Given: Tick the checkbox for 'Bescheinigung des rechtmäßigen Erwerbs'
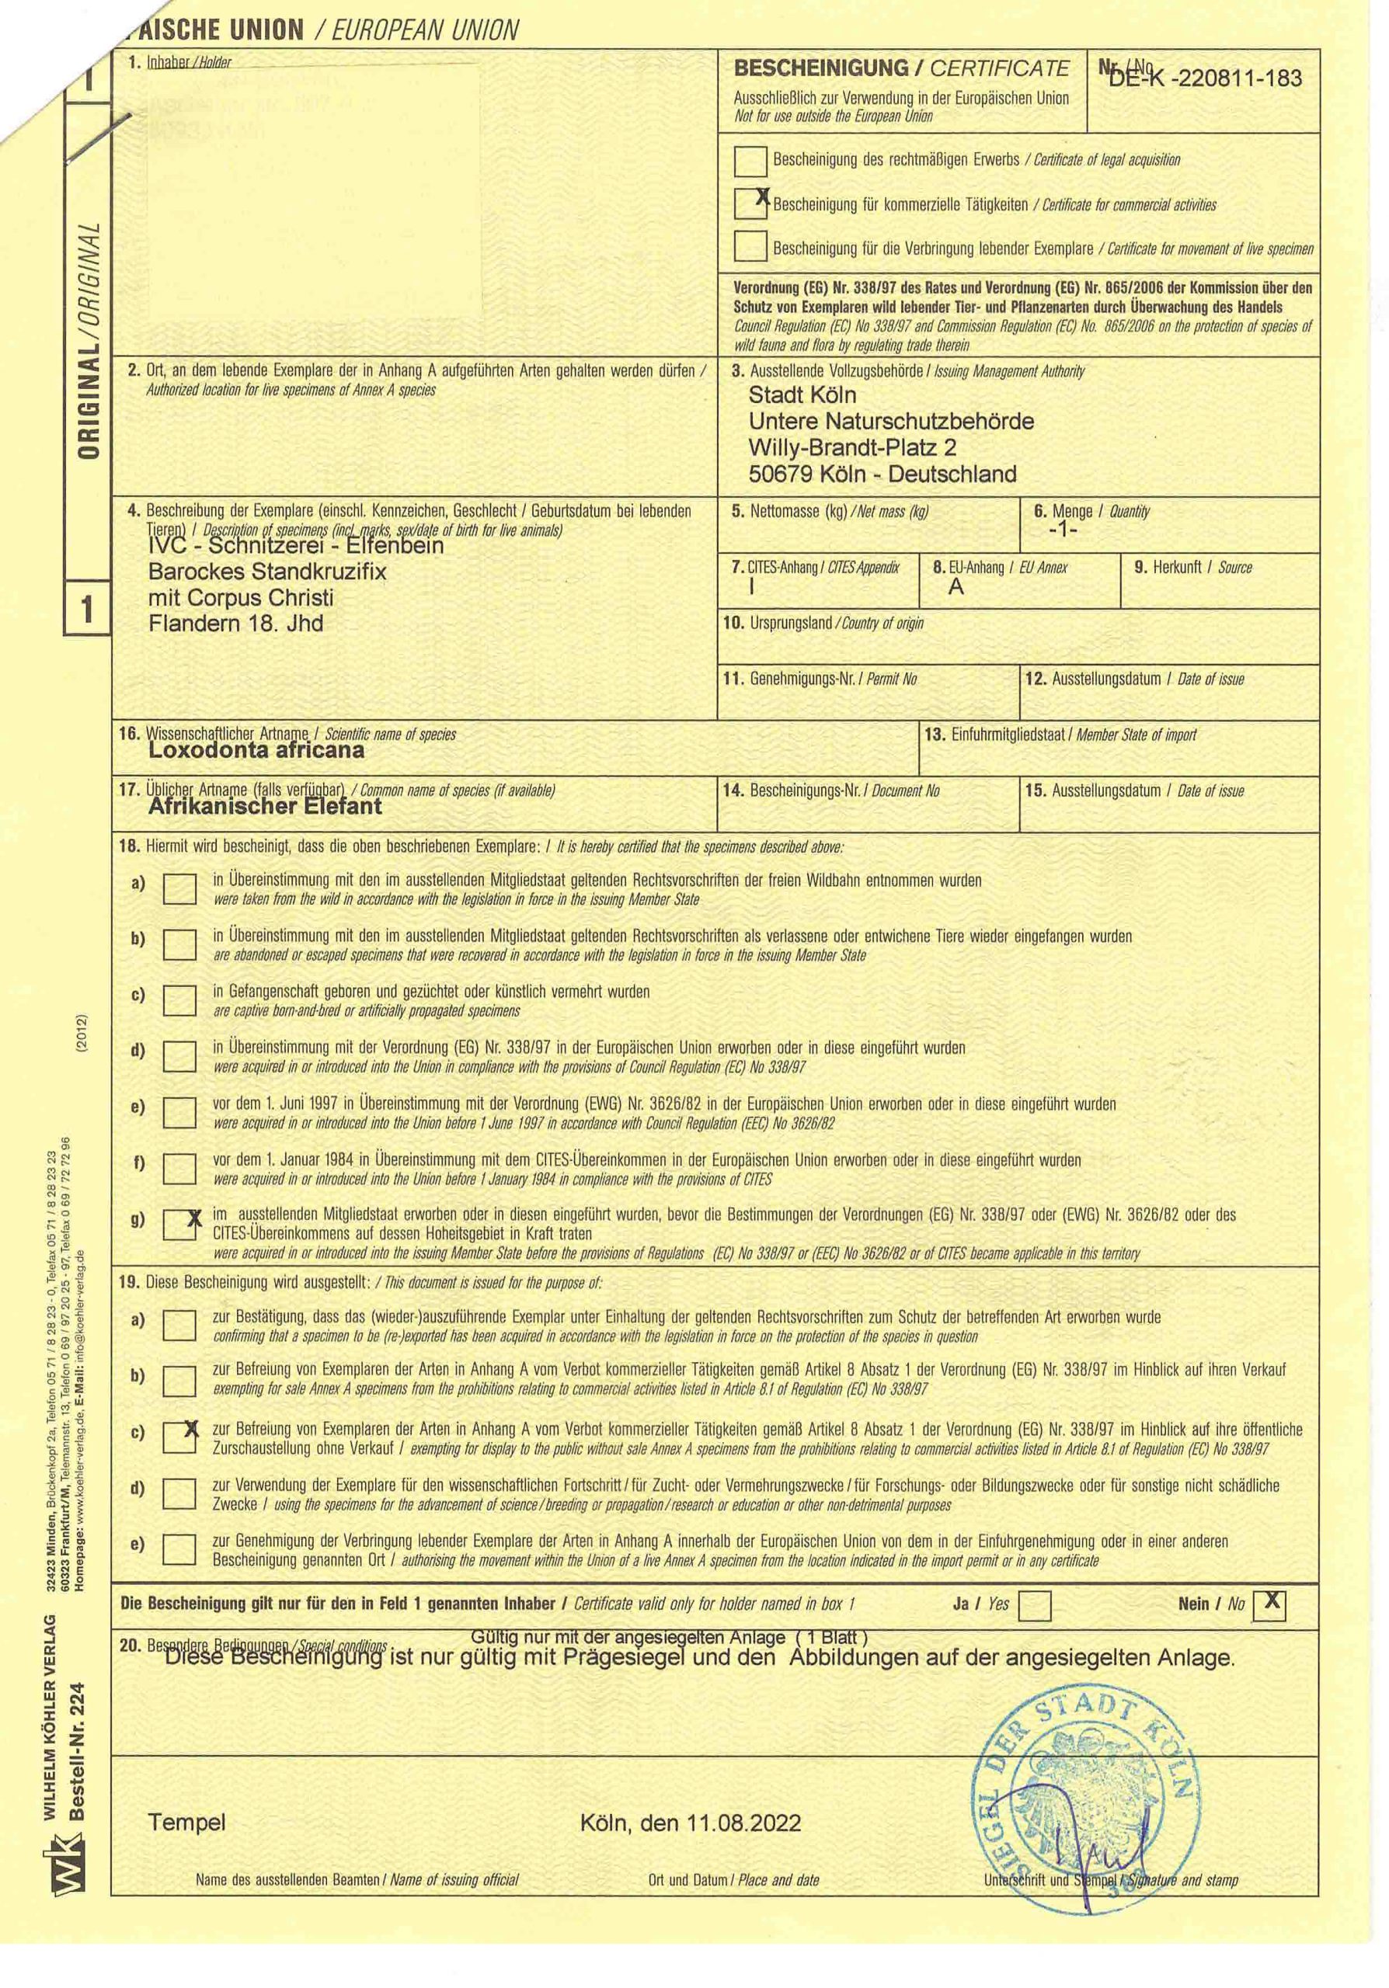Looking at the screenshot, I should tap(750, 161).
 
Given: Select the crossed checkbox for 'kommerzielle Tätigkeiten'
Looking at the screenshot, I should tap(750, 204).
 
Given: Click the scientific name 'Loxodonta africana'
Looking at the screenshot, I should tap(256, 750).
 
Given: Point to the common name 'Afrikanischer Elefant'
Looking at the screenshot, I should tap(265, 806).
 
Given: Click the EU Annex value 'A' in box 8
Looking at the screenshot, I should tap(956, 586).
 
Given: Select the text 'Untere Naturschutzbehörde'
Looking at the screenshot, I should tap(891, 422).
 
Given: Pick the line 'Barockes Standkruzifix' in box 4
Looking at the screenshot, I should tap(267, 572).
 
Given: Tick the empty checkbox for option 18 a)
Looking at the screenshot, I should tap(180, 888).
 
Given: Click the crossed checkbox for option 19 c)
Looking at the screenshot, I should tap(180, 1438).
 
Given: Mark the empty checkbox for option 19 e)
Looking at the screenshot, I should tap(180, 1549).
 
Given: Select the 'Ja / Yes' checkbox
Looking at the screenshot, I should tap(1035, 1606).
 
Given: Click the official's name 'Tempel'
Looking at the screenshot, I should tap(187, 1823).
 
